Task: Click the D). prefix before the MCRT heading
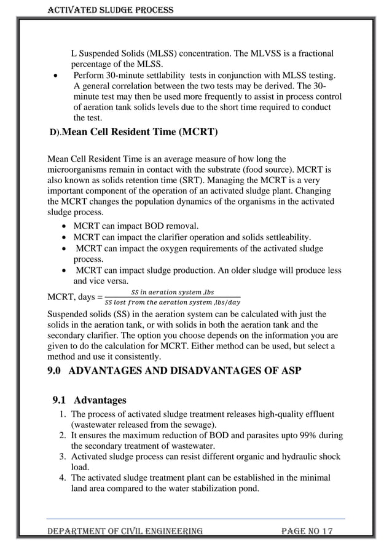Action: [x=55, y=133]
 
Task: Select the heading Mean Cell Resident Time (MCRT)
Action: [x=140, y=132]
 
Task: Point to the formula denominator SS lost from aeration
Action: [x=173, y=302]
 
